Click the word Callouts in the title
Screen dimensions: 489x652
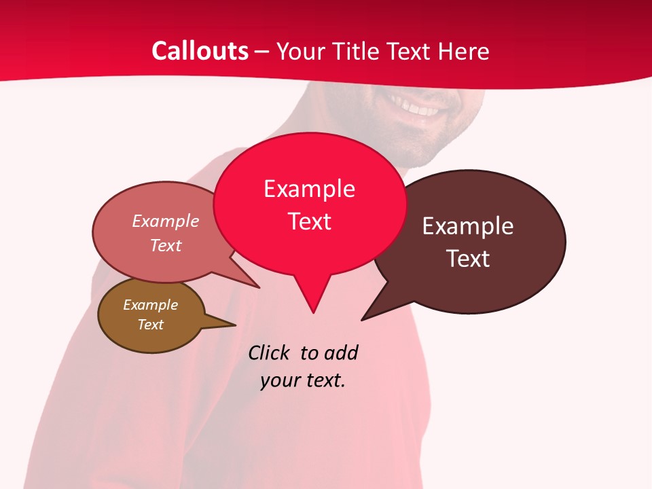(200, 51)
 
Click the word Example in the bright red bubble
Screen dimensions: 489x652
(309, 189)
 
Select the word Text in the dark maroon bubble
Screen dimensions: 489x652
(468, 258)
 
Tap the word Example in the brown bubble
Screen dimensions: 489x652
(150, 305)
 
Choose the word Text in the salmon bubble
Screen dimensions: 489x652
(165, 245)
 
